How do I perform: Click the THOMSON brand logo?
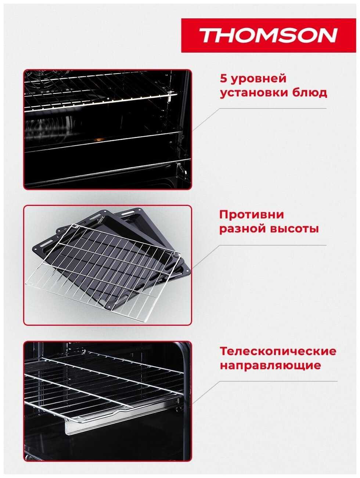[269, 35]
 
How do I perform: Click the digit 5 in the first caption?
[223, 79]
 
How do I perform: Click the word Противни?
[252, 215]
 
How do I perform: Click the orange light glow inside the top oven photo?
[98, 140]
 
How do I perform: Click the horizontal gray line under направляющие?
[278, 381]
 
